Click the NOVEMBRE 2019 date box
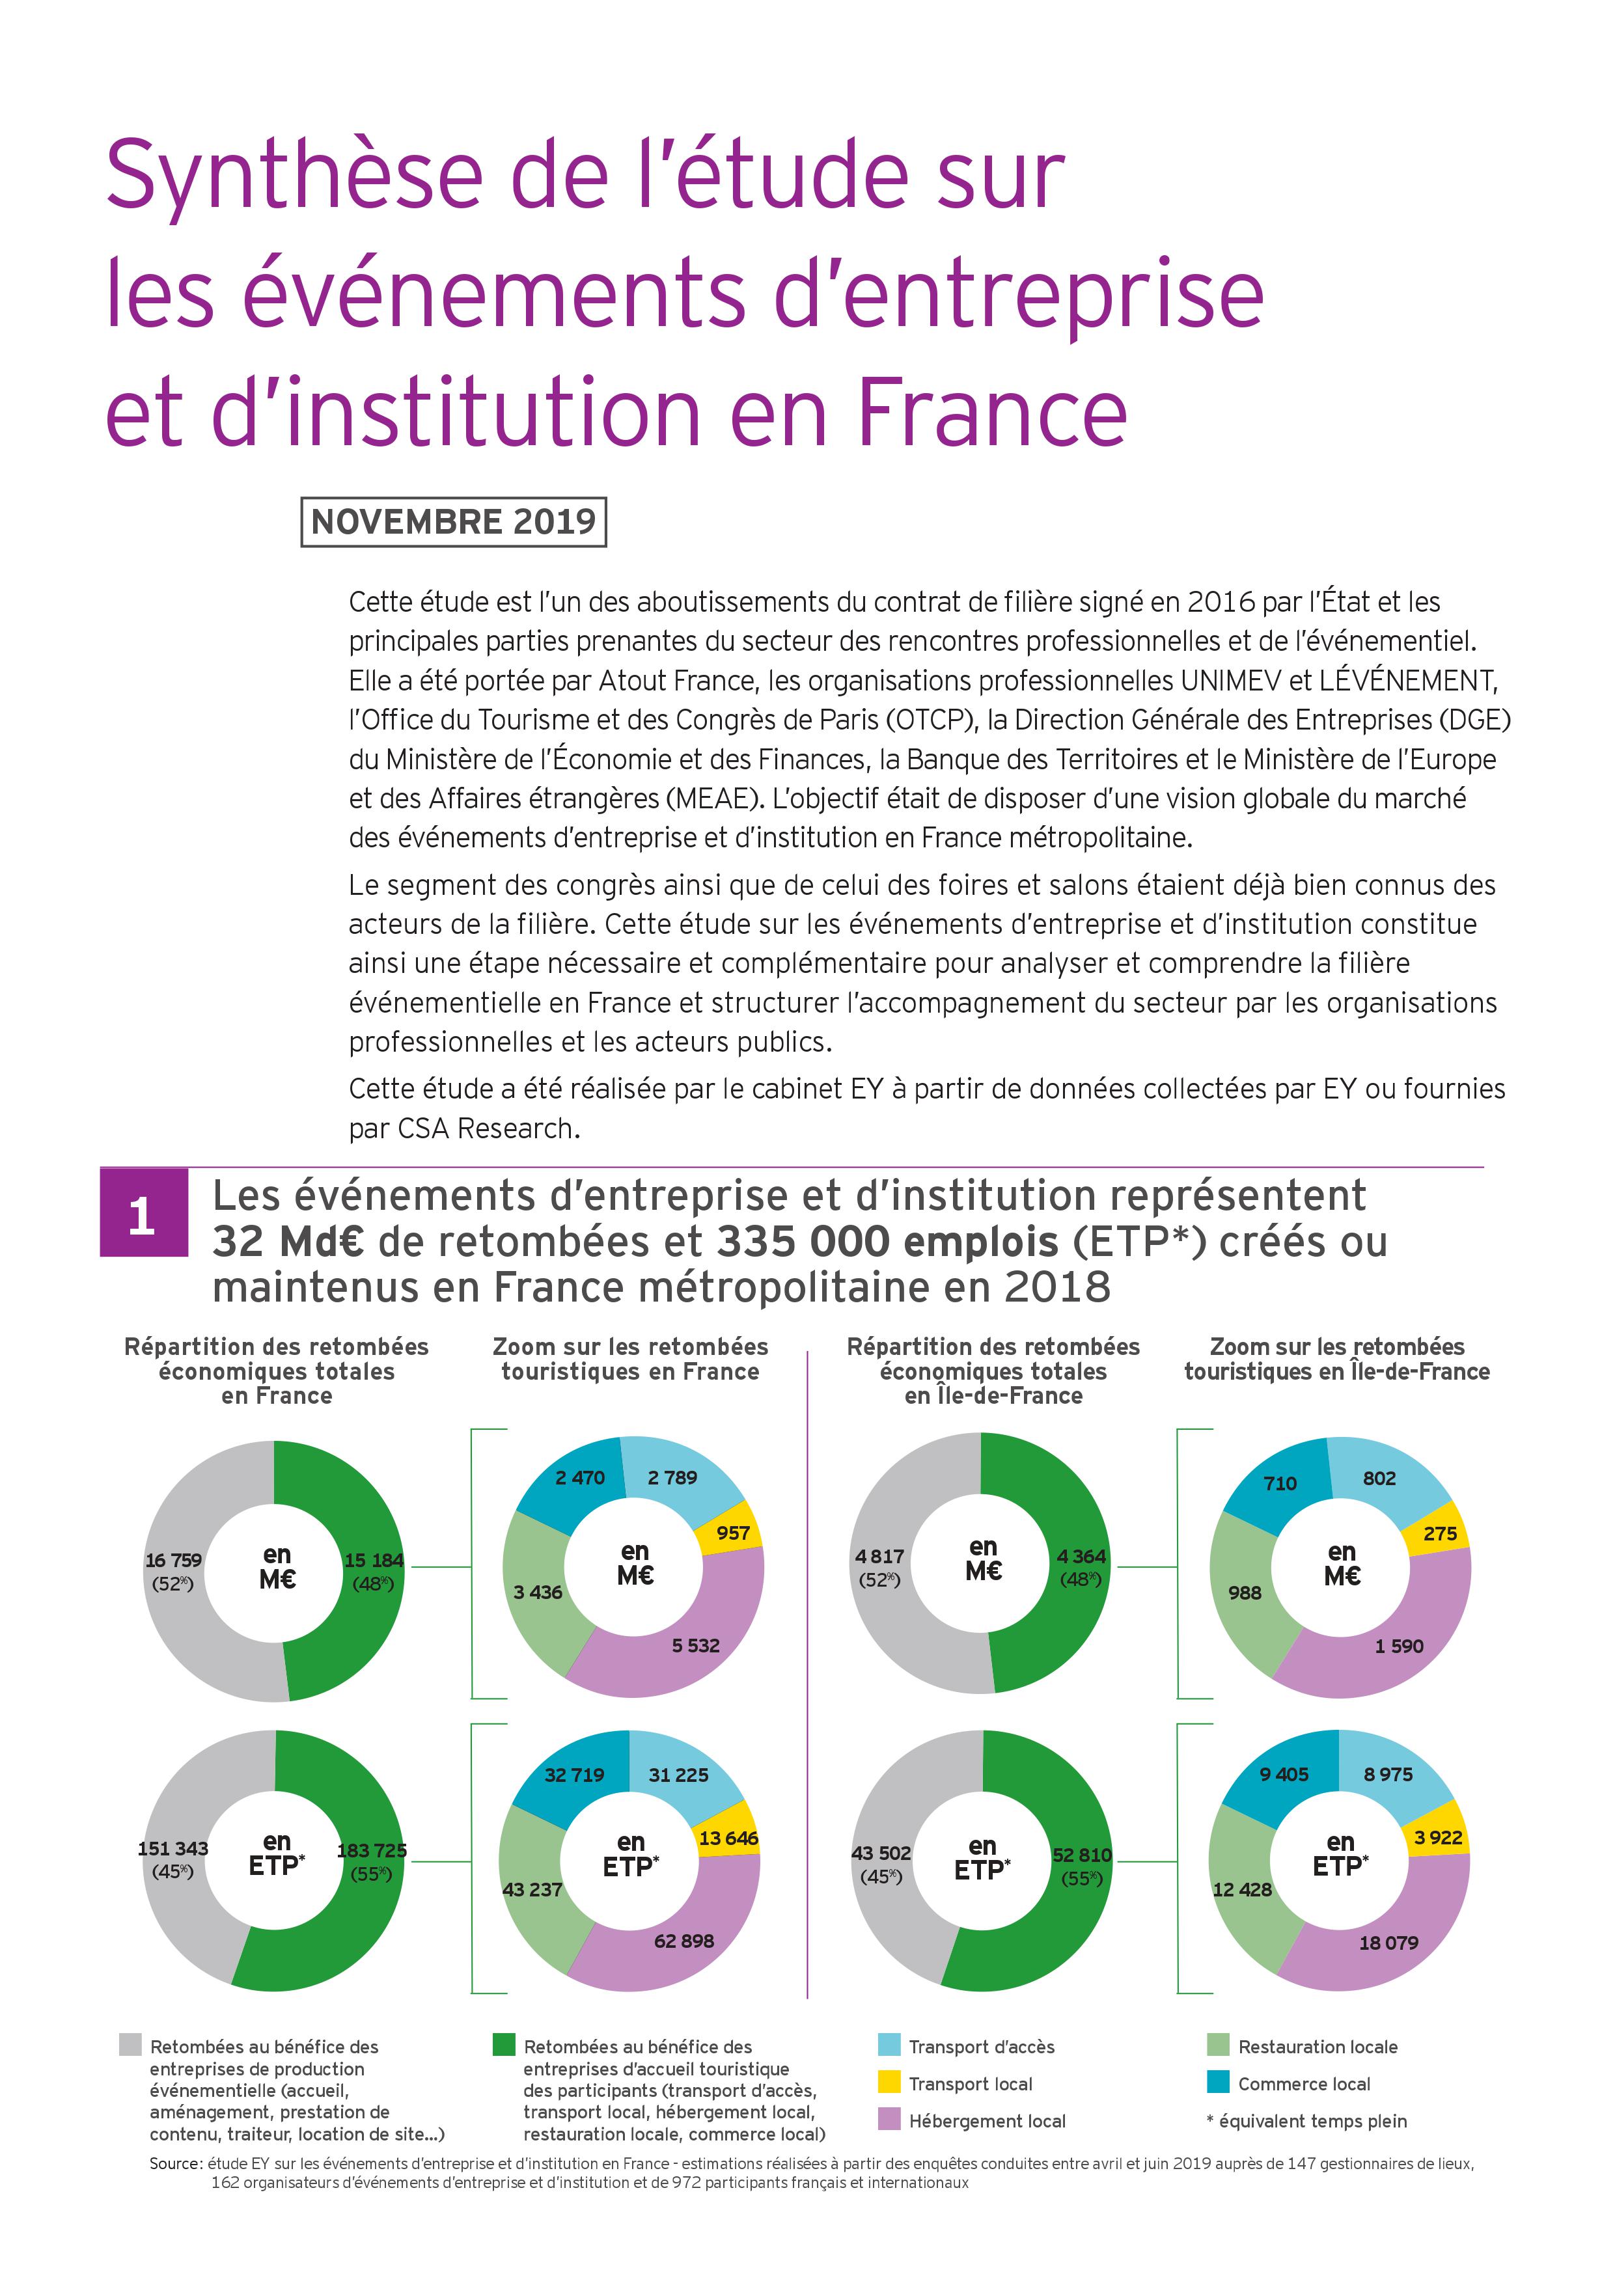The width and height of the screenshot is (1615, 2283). (454, 521)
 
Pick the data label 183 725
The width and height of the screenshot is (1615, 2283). (372, 1850)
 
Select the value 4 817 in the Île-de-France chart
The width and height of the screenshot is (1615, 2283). (880, 1556)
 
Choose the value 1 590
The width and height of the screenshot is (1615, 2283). (1399, 1646)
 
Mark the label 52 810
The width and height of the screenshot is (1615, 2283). (1082, 1854)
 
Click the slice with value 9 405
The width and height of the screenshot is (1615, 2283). (1284, 1775)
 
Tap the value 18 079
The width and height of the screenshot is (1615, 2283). (1388, 1942)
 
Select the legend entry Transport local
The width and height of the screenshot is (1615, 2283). (971, 2083)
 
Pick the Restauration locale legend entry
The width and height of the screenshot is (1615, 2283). (1318, 2046)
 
